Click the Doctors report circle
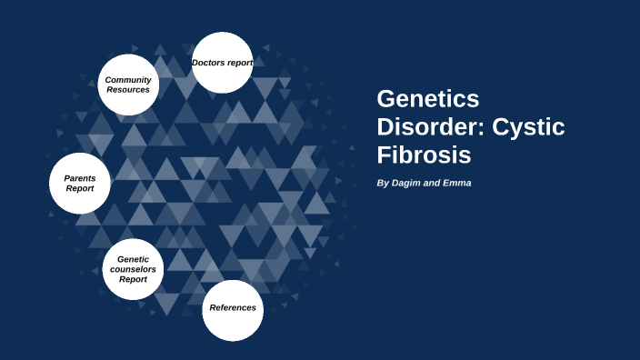[223, 63]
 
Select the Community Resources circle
[128, 85]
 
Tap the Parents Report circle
[80, 184]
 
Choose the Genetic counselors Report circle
[133, 269]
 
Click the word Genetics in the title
[428, 99]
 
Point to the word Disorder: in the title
[431, 127]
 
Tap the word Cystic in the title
[528, 127]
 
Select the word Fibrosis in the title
[424, 155]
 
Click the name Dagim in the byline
[409, 183]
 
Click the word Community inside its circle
[128, 80]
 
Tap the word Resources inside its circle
[128, 90]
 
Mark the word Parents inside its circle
[80, 178]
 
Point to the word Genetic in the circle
[133, 259]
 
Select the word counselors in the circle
[133, 269]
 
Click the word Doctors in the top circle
[208, 63]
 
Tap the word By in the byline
[383, 183]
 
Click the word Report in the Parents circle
[80, 189]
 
